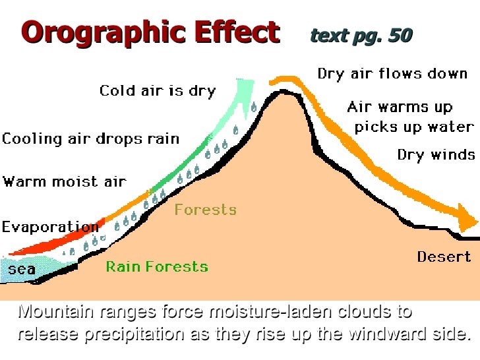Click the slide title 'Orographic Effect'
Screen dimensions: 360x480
[x=151, y=32]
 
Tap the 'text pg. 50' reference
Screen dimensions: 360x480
[x=361, y=36]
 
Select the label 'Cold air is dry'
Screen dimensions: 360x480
[x=158, y=90]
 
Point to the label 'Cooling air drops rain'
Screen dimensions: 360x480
[x=90, y=138]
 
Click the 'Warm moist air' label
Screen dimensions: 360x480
[x=64, y=181]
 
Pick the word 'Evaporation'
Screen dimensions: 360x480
[x=50, y=227]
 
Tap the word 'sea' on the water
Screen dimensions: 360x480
[x=22, y=269]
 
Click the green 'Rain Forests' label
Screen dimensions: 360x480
[x=157, y=266]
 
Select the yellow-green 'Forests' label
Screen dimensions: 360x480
[x=205, y=210]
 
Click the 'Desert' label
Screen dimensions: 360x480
[x=444, y=256]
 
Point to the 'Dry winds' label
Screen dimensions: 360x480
[x=436, y=155]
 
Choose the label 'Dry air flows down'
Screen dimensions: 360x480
[x=392, y=73]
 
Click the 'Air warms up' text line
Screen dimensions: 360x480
[x=400, y=107]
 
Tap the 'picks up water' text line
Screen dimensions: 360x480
[x=414, y=127]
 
